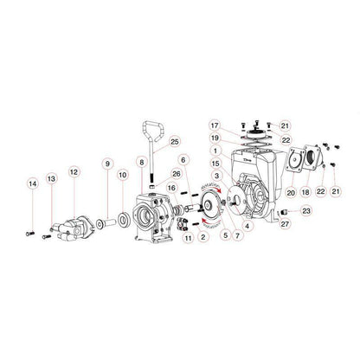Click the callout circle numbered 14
coord(32,184)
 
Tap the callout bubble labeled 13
coord(51,178)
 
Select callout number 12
coord(74,173)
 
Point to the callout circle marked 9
coord(107,163)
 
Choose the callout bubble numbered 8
coord(141,163)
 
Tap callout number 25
coord(175,142)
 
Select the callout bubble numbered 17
coord(215,125)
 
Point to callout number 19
coord(215,138)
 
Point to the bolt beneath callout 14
coord(32,232)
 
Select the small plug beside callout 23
coord(284,210)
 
